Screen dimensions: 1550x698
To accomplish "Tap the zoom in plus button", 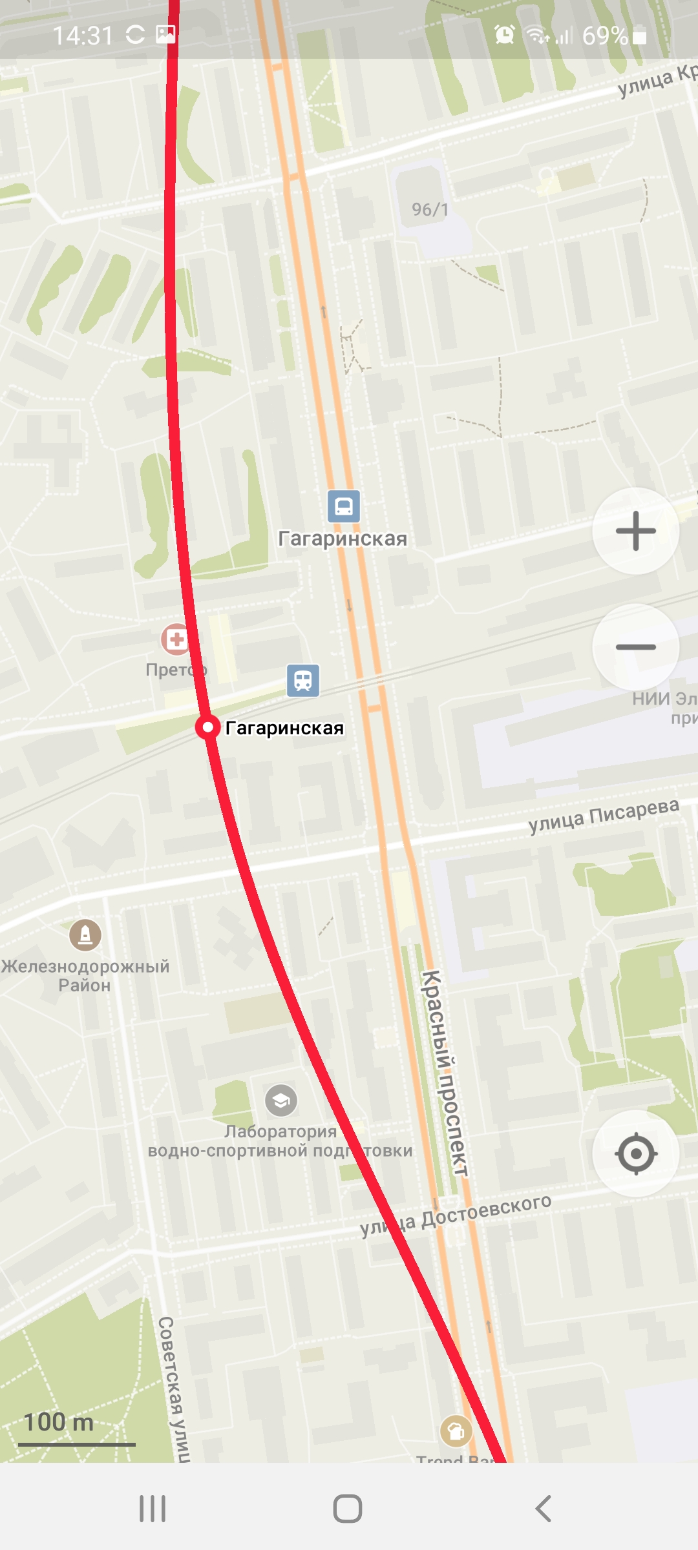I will click(x=636, y=531).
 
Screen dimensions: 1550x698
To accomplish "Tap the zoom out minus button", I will click(x=636, y=646).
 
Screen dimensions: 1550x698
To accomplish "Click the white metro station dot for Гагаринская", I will click(x=208, y=727).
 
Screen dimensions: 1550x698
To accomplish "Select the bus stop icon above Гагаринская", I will click(x=344, y=506).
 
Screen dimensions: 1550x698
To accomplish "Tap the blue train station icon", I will click(x=303, y=681).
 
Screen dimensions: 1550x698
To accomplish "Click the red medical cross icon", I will click(x=176, y=639).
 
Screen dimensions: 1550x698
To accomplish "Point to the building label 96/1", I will click(x=430, y=209).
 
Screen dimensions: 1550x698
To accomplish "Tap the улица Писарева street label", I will click(x=604, y=816).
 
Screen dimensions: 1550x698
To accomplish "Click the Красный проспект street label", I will click(x=445, y=1072).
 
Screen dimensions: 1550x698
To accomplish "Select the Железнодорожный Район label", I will click(x=85, y=975).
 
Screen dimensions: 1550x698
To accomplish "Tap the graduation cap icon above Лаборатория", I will click(x=281, y=1100).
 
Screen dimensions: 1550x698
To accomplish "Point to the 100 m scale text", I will click(x=59, y=1421).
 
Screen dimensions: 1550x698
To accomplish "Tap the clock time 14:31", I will click(x=83, y=36).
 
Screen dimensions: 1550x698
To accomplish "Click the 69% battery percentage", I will click(x=605, y=36).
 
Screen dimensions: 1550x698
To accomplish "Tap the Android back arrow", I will click(x=544, y=1509).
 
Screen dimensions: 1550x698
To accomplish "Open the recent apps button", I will click(x=153, y=1509).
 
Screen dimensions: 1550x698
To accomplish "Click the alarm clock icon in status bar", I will click(x=504, y=34).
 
